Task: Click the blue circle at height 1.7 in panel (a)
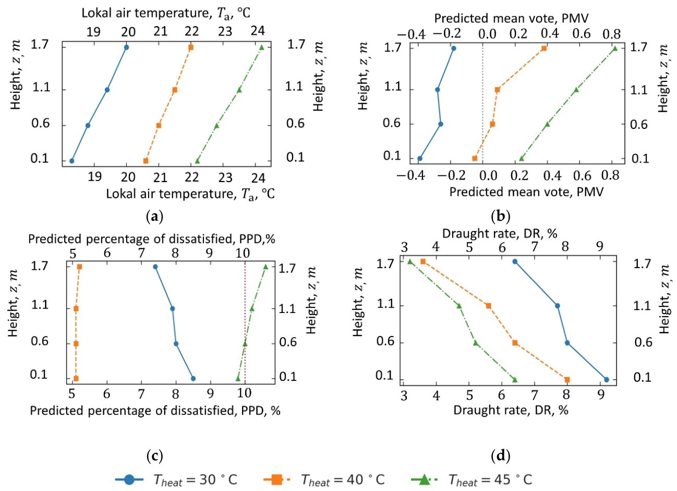pos(126,47)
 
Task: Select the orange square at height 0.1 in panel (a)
pos(146,161)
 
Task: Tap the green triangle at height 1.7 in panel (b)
pos(615,49)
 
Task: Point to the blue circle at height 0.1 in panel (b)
pos(420,159)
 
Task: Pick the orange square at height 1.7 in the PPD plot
pos(79,267)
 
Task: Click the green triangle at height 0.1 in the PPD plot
pos(238,378)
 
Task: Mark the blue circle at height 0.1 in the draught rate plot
pos(606,380)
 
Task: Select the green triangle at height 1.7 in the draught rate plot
pos(410,261)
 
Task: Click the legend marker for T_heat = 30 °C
pos(129,480)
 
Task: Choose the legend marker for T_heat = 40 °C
pos(277,480)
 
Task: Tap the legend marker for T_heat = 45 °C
pos(425,480)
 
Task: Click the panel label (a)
pos(154,217)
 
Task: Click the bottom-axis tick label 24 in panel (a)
pos(258,178)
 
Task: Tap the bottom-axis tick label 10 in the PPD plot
pos(244,393)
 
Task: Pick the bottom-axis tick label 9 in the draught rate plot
pos(600,394)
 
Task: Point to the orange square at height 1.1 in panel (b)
pos(498,90)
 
